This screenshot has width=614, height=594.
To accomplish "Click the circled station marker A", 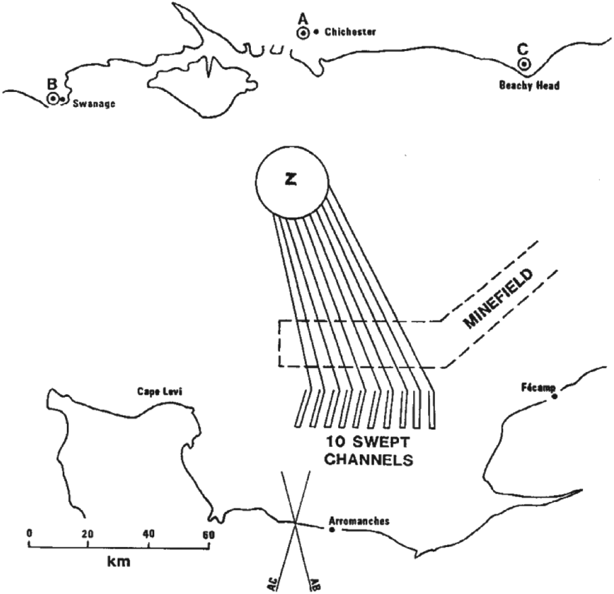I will [303, 33].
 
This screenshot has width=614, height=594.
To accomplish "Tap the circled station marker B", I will [53, 99].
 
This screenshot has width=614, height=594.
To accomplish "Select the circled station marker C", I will [524, 64].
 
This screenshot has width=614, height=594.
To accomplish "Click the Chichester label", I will [350, 32].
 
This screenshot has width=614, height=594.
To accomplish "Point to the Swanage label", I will [94, 104].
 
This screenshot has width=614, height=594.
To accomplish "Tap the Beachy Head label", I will [529, 85].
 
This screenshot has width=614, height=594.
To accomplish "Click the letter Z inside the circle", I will [291, 179].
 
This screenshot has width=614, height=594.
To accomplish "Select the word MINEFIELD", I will [499, 299].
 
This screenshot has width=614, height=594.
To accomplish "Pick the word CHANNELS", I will [369, 460].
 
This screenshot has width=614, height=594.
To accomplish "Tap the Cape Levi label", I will [160, 392].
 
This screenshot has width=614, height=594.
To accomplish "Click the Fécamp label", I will [538, 387].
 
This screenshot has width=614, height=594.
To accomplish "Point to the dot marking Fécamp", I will [554, 396].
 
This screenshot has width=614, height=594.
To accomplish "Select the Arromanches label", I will [359, 521].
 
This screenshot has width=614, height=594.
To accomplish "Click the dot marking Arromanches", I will [332, 530].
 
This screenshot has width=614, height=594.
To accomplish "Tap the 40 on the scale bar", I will [149, 534].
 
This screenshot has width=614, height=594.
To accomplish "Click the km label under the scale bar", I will [118, 562].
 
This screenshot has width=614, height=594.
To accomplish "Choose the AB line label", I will [314, 584].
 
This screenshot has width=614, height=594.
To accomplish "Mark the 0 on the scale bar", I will [29, 534].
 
